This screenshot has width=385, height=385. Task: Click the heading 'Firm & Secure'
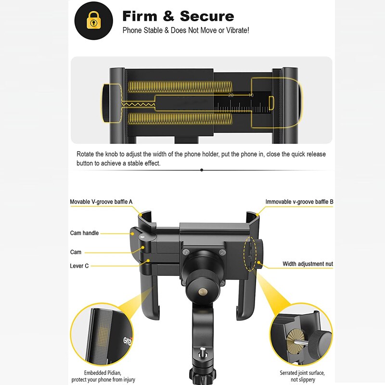[178, 16]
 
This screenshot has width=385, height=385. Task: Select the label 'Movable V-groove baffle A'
[101, 202]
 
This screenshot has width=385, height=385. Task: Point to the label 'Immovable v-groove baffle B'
[299, 202]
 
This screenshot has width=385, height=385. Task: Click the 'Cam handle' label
[84, 233]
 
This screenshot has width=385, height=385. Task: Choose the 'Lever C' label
[79, 266]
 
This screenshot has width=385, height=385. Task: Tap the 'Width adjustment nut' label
[308, 264]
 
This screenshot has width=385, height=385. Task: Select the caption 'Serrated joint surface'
[302, 372]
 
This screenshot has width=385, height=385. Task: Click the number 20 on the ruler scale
[231, 95]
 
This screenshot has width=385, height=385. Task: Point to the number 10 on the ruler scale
[251, 95]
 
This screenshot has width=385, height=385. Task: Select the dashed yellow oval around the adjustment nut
[250, 253]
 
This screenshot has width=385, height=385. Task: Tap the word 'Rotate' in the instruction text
[86, 154]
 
